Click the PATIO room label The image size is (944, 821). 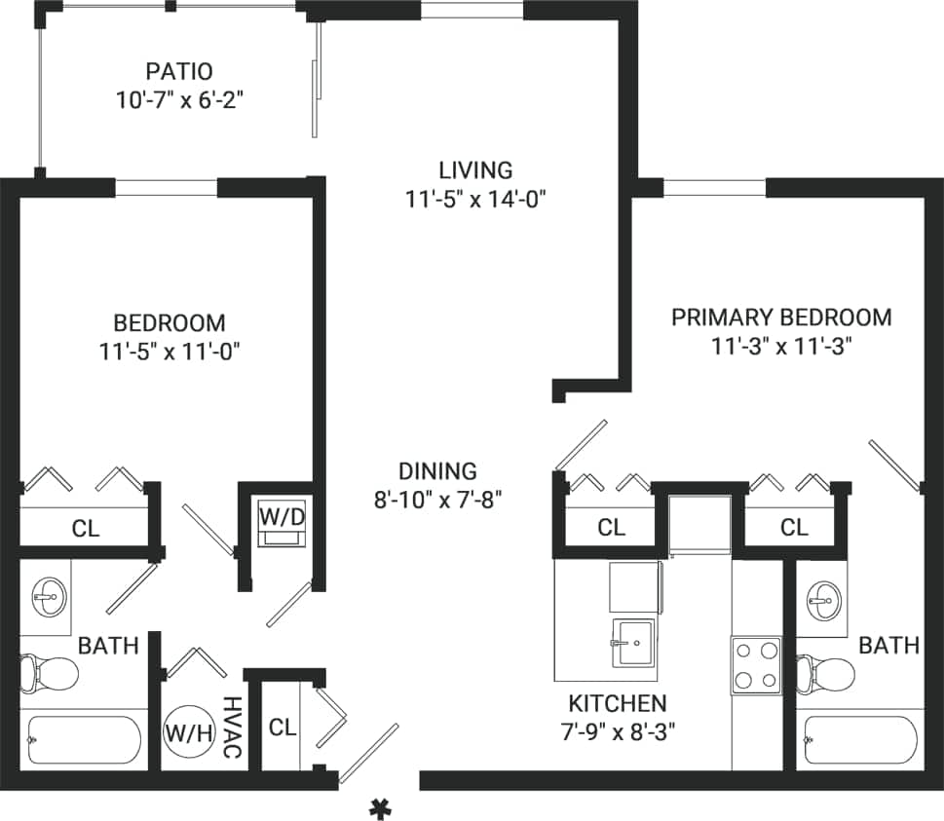(178, 72)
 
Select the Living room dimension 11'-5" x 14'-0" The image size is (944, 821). (474, 200)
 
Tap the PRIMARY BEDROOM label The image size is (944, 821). (781, 317)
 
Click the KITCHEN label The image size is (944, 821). (618, 703)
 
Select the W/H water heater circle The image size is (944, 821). (188, 731)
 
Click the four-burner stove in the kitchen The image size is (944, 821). (756, 664)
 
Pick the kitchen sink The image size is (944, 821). (634, 643)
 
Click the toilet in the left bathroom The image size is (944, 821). (49, 671)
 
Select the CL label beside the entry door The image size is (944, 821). (283, 727)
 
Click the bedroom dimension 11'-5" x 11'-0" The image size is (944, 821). (169, 352)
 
